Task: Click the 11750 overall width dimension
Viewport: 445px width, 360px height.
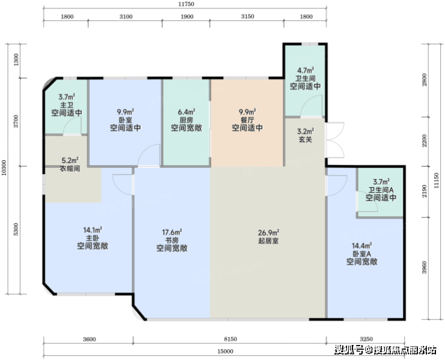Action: pos(186,4)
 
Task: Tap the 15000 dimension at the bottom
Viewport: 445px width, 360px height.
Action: pos(226,352)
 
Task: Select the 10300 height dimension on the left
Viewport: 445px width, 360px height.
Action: pos(4,168)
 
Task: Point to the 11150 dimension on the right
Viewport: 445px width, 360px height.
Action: pos(437,181)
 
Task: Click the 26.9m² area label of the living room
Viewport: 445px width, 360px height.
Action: pos(268,233)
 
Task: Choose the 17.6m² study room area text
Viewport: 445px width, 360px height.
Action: pos(172,232)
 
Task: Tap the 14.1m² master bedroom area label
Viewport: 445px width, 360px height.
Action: pos(93,230)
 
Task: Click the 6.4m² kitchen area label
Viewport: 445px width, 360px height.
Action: pos(186,111)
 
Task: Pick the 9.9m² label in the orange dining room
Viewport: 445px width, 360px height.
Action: pos(247,111)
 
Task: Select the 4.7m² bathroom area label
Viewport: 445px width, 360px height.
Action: pos(305,70)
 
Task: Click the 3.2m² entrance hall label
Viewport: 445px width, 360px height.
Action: pos(305,131)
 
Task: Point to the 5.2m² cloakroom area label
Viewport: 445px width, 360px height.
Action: pos(70,161)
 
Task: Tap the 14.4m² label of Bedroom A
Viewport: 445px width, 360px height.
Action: pos(362,246)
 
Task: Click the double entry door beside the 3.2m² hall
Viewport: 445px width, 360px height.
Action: pos(336,140)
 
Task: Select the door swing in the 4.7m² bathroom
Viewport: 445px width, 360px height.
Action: pos(311,106)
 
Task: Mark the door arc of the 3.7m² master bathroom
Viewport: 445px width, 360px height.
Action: pos(72,125)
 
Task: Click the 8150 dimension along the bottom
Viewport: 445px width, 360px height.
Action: pos(230,340)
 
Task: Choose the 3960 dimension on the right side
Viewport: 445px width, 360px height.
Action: pos(425,268)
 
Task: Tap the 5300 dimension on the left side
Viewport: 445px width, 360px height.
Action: pos(16,229)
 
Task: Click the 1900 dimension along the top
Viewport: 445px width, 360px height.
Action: pos(187,17)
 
